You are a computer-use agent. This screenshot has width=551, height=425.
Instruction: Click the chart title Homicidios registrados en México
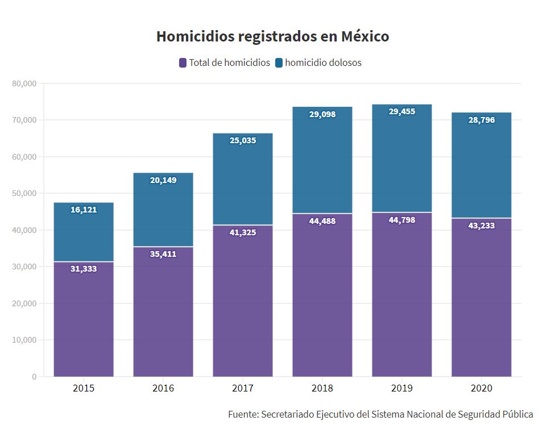pos(272,36)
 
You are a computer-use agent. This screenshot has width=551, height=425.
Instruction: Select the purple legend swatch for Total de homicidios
pos(183,63)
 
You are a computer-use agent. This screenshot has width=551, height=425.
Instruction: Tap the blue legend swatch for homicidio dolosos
pos(279,63)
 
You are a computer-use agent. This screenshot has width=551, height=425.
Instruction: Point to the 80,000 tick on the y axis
pos(24,84)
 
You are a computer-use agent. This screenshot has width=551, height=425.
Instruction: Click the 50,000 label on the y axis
pos(24,193)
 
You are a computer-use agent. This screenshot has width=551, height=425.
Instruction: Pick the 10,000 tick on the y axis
pos(24,340)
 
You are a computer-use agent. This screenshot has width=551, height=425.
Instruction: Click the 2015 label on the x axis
pos(84,389)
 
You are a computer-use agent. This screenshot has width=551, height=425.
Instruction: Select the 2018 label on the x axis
pos(322,389)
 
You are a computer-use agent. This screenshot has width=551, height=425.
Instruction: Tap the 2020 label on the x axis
pos(482,389)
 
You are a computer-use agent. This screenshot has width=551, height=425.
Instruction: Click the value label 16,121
pos(84,210)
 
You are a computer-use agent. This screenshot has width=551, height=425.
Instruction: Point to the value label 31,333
pos(84,269)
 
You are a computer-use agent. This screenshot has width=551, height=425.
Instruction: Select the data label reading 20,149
pos(163,180)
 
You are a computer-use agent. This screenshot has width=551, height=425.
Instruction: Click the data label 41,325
pos(243,232)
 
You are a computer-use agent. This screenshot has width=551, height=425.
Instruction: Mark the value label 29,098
pos(322,114)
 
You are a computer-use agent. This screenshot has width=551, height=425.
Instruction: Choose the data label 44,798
pos(402,219)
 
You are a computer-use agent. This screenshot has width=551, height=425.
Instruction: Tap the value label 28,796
pos(482,120)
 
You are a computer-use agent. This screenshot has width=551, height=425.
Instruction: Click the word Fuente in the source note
pos(243,414)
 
